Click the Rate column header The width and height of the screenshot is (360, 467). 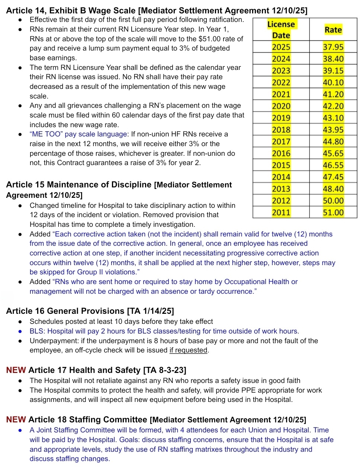333,30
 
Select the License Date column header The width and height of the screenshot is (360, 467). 281,30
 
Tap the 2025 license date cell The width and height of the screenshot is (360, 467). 281,47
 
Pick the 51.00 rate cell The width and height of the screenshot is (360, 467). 333,212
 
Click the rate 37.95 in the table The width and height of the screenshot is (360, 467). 333,47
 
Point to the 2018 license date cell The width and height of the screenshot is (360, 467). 281,130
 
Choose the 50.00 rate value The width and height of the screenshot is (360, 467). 333,200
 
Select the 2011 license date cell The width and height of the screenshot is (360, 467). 281,212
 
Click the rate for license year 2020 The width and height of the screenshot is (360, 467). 333,106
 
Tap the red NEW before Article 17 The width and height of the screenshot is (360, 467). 16,370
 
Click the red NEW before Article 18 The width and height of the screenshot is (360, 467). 16,420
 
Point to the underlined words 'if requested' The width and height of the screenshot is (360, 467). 188,350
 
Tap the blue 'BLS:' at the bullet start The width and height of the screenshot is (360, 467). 37,331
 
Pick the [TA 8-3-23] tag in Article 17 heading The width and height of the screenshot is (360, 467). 164,370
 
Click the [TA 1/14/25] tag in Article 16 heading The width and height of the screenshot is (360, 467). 150,311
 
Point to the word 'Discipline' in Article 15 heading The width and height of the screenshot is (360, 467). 131,185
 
